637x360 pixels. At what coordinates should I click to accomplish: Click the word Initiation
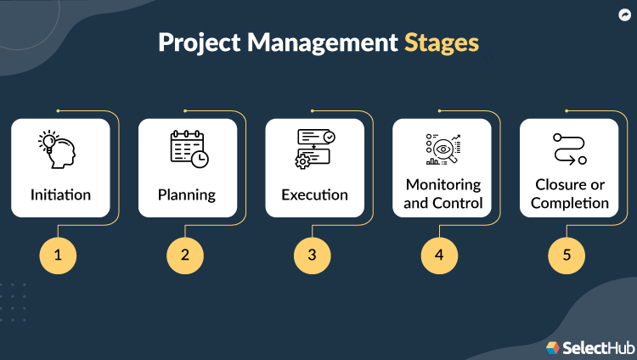(x=60, y=194)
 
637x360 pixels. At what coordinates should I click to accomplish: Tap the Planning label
(x=187, y=194)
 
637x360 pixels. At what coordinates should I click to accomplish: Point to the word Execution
(x=314, y=194)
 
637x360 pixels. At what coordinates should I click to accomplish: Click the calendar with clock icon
(x=188, y=149)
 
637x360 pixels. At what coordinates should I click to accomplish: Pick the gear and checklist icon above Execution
(x=315, y=149)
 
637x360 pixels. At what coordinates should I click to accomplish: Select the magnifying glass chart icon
(x=443, y=149)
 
